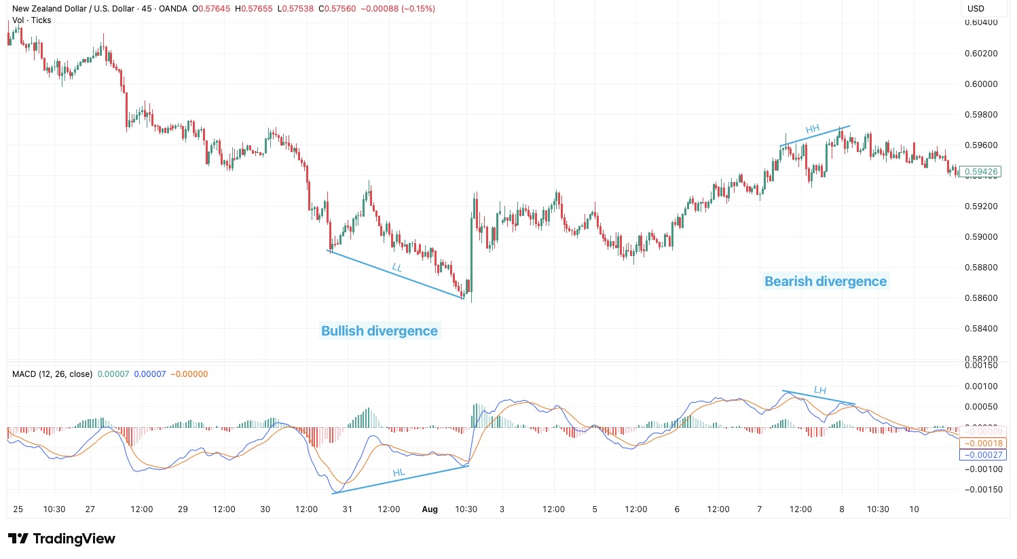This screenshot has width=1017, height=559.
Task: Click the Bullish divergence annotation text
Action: (x=380, y=331)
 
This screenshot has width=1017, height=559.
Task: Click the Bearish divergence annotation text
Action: (x=826, y=281)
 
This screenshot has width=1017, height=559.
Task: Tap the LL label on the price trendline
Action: (x=397, y=268)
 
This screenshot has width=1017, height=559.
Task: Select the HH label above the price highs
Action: (x=813, y=129)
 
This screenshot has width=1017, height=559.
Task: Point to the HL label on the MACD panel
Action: (x=399, y=472)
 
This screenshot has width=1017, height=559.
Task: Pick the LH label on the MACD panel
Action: (x=820, y=390)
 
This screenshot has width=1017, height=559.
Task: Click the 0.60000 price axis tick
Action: (x=981, y=84)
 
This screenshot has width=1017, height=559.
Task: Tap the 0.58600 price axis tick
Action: (x=981, y=298)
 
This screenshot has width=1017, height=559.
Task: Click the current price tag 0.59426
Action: (x=981, y=172)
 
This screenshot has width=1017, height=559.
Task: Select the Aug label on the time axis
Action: (x=430, y=509)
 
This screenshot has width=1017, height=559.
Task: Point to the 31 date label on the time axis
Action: (x=347, y=509)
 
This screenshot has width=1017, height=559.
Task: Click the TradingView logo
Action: (x=62, y=539)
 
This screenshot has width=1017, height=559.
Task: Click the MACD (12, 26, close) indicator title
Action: (x=52, y=374)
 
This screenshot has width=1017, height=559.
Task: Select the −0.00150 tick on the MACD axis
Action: (x=983, y=490)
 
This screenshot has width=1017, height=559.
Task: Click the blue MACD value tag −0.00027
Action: (x=982, y=455)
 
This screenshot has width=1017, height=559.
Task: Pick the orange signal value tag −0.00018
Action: (x=982, y=444)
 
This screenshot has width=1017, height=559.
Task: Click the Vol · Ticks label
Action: (x=32, y=20)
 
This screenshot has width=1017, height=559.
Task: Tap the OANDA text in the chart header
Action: (x=173, y=9)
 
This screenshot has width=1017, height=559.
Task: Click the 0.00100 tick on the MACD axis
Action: (x=983, y=386)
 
